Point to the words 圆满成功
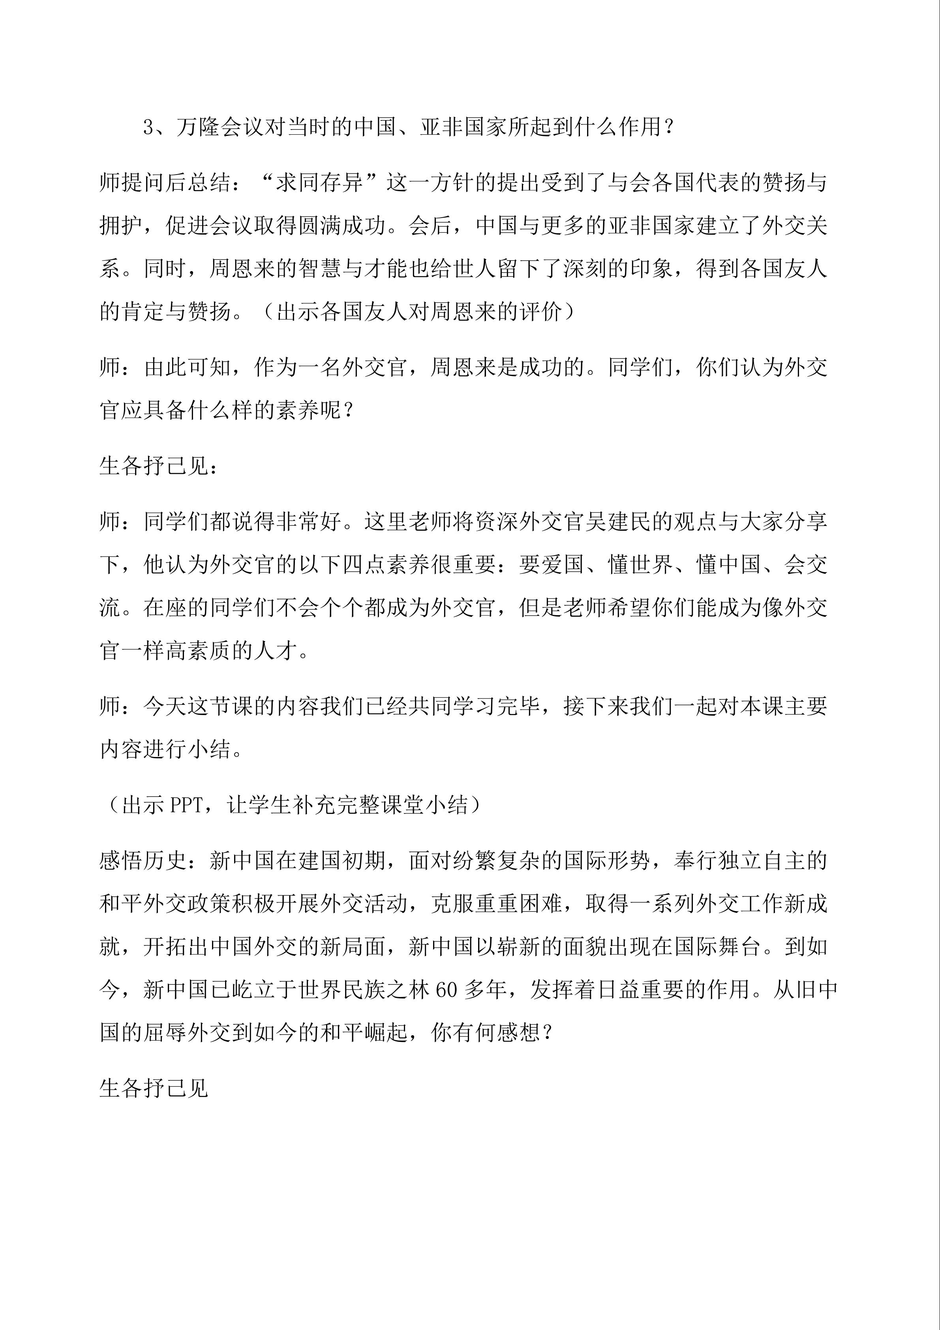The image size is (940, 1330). pyautogui.click(x=342, y=225)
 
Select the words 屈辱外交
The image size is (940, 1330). pyautogui.click(x=187, y=1033)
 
